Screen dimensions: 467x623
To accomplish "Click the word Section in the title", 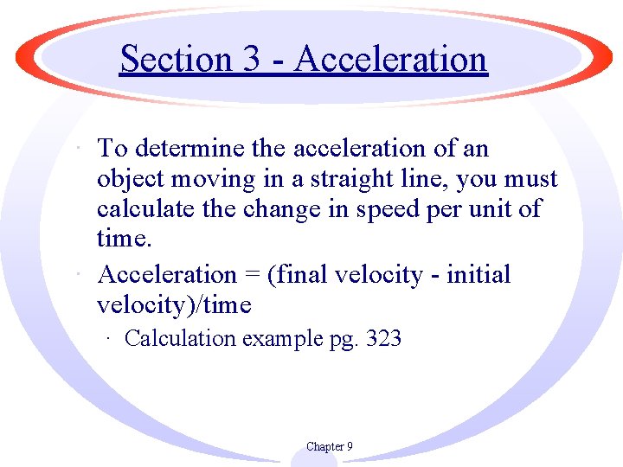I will (x=175, y=59).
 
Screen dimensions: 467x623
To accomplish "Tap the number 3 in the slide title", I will (x=252, y=59).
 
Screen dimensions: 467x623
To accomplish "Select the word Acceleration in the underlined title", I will (x=391, y=59).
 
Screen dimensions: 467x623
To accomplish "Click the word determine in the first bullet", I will (x=188, y=149).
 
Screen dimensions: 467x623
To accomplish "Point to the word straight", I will (x=365, y=179).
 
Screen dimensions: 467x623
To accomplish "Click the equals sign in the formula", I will (x=252, y=275).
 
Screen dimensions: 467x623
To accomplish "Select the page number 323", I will (x=383, y=338).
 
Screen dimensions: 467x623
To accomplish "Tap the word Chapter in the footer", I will (x=324, y=446).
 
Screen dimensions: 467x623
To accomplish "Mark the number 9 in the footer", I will (x=349, y=446).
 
